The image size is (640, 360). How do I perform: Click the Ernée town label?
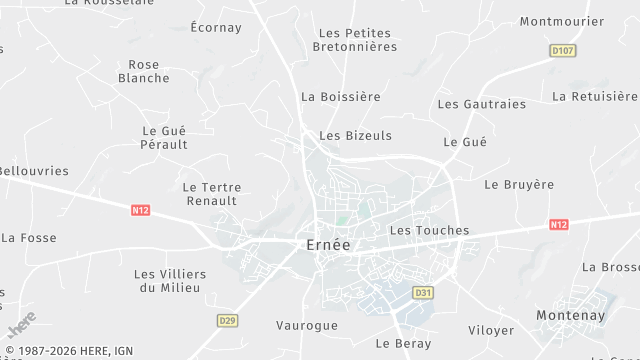click(327, 246)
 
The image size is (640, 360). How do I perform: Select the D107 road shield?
click(564, 49)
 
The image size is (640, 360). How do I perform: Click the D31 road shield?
click(423, 293)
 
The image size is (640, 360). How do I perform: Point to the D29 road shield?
click(228, 320)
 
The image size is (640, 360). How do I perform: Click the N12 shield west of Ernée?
click(140, 210)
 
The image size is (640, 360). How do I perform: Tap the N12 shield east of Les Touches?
click(558, 225)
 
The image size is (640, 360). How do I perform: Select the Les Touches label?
click(429, 230)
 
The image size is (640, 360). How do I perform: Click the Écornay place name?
click(216, 28)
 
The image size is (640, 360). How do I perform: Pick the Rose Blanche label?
click(144, 71)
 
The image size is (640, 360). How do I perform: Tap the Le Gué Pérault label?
click(165, 137)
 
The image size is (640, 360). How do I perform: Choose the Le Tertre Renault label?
click(210, 193)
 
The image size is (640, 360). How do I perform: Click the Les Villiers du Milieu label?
click(170, 280)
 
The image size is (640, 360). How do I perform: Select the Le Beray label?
click(403, 343)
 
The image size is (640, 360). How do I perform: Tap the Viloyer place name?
click(491, 330)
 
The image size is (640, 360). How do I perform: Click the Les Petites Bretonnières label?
click(355, 40)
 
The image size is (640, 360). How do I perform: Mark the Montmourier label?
click(562, 21)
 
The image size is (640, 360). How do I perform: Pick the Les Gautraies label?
click(482, 104)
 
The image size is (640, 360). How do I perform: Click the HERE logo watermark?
click(21, 325)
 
